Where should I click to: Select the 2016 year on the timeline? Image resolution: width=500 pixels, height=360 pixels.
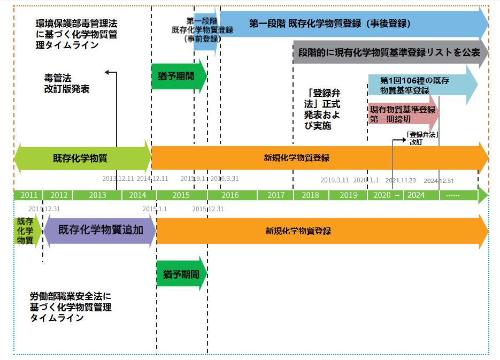coord(230,195)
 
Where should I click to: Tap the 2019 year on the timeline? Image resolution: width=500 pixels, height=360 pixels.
coord(348,195)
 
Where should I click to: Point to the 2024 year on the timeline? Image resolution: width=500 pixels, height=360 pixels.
coord(416,195)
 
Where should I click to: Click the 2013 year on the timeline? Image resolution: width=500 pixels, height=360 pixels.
coord(97,195)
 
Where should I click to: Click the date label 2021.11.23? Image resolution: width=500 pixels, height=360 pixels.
coord(401,180)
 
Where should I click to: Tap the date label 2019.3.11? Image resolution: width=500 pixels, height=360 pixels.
coord(335,180)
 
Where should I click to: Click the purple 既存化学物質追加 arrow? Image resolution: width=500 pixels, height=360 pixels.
coord(100,231)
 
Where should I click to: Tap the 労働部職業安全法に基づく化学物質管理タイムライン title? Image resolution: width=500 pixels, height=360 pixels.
coord(71,307)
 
